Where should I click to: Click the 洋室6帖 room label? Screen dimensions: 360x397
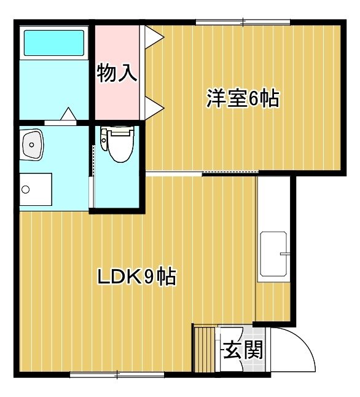pos(243,98)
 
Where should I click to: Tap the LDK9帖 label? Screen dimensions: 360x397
pos(137,277)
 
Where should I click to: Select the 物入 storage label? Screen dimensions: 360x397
pos(117,73)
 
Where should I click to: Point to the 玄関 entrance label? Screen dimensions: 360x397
pos(243,350)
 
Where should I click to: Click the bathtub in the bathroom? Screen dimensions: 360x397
pos(54,43)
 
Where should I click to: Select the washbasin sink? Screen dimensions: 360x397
pos(32,144)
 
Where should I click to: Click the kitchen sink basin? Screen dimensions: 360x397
pos(273,254)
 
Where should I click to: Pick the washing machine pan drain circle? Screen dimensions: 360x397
pos(25,189)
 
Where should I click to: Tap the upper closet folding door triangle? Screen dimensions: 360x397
pos(154,37)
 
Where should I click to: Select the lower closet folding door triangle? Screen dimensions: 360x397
pos(154,108)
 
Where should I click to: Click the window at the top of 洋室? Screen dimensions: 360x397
pos(243,22)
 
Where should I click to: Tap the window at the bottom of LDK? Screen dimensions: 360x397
pos(117,374)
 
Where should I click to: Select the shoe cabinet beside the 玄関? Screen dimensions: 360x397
pos(205,350)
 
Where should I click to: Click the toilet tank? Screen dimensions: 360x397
pos(104,139)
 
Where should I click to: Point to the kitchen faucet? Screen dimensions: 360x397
pos(284,254)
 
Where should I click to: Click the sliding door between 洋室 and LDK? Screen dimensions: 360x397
pos(203,173)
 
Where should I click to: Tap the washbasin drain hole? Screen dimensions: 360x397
pos(32,145)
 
